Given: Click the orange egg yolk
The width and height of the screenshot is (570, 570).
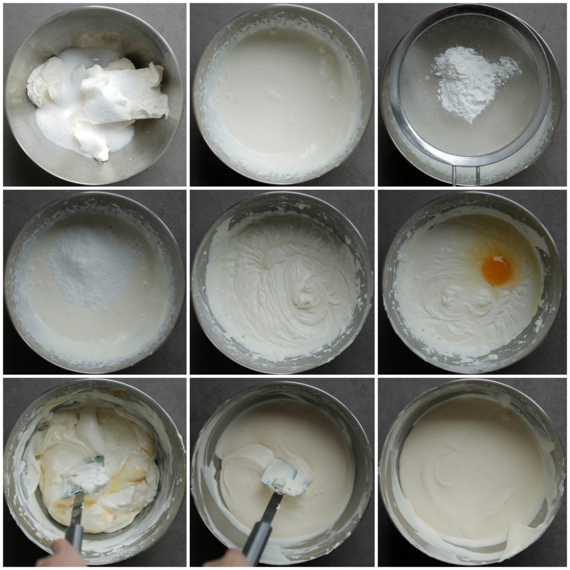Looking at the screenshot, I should click(x=496, y=270).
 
